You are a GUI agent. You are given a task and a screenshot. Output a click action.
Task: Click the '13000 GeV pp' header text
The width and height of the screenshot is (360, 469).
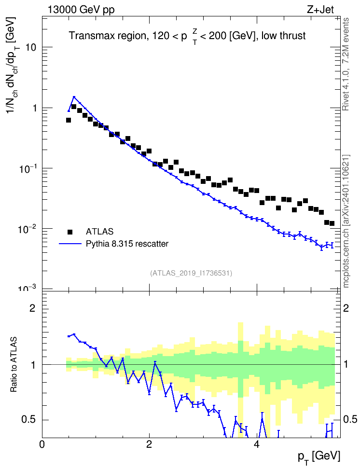tap(81, 10)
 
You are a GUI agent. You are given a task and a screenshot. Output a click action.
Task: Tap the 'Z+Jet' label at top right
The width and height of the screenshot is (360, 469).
tap(320, 10)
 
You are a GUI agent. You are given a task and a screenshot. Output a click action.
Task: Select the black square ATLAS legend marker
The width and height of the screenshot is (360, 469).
tap(70, 232)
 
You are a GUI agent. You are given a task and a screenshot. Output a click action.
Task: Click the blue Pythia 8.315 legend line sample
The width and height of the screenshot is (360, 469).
tap(70, 244)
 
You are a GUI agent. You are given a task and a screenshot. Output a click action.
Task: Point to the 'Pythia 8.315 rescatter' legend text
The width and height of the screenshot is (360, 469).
tap(127, 244)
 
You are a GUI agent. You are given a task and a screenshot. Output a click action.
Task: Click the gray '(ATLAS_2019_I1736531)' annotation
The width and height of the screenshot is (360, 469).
tap(191, 273)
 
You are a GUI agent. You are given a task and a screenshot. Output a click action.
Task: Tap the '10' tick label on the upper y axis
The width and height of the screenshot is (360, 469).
tap(31, 47)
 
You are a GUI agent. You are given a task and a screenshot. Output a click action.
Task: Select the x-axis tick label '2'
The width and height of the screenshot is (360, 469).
tap(149, 444)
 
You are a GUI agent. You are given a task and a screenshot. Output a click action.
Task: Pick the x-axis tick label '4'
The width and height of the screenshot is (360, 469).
tap(256, 444)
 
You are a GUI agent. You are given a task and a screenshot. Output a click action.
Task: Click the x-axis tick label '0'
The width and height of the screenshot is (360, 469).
tap(42, 444)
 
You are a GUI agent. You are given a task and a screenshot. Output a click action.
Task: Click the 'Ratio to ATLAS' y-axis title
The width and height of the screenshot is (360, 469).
tap(14, 364)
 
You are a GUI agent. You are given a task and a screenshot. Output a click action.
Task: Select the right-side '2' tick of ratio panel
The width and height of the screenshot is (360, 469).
tap(346, 308)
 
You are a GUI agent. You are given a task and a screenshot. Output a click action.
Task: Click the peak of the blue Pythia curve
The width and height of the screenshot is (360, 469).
tap(74, 97)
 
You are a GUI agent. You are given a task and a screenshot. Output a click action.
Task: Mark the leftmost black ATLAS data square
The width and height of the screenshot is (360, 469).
tap(69, 120)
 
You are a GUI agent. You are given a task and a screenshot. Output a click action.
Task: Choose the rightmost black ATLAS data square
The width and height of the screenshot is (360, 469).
tap(332, 223)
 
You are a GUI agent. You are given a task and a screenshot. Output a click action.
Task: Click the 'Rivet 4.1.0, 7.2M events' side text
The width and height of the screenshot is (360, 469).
tap(346, 64)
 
